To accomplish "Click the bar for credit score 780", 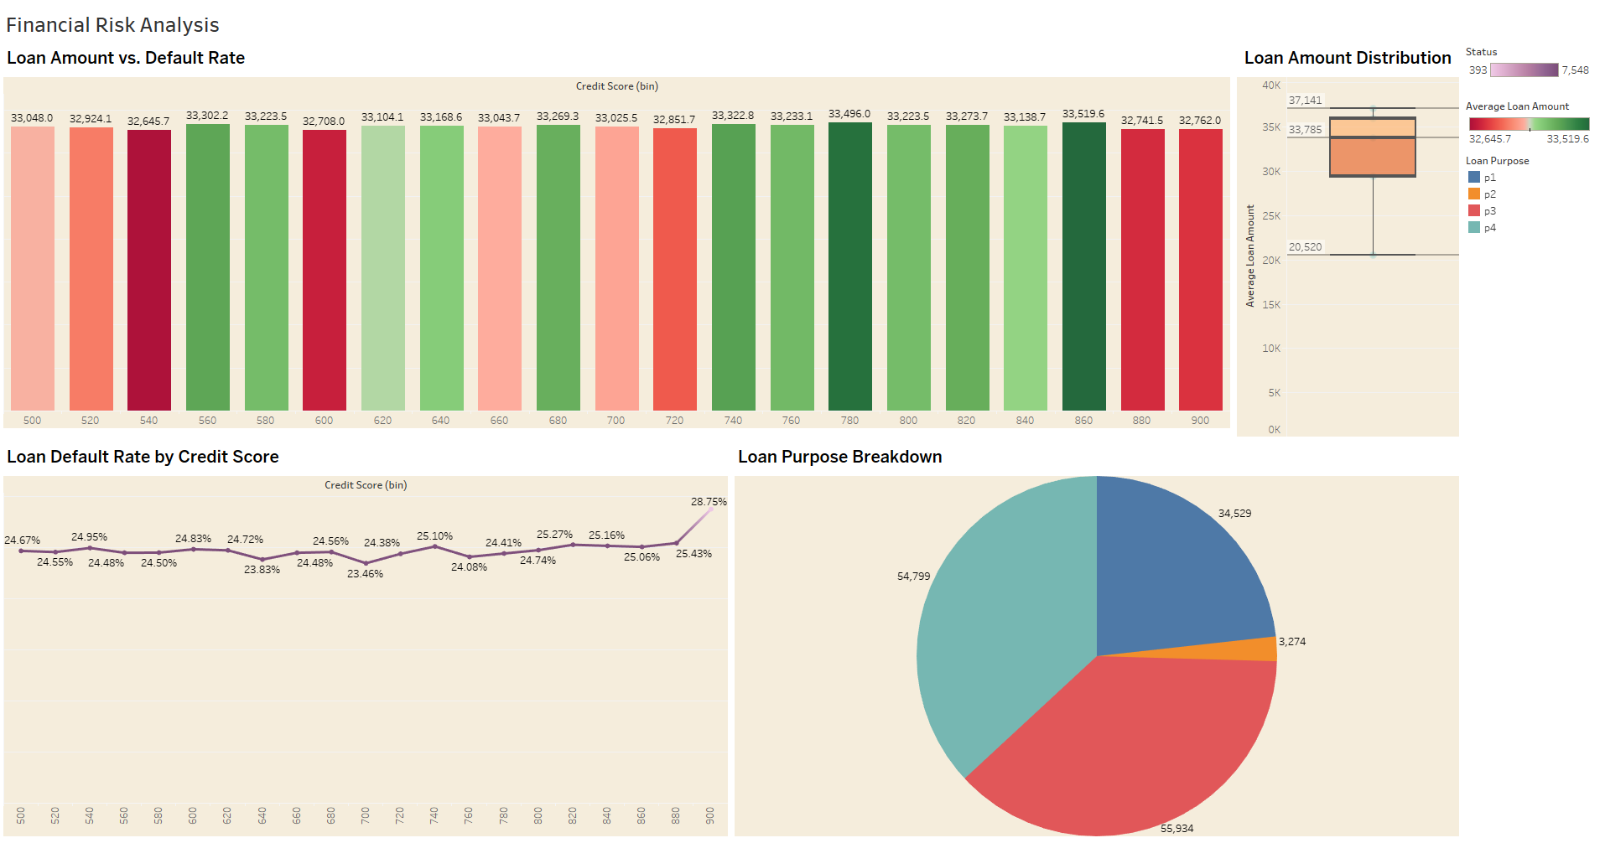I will click(849, 268).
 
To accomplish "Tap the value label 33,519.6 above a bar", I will click(1083, 114).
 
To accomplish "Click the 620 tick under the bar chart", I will click(382, 421).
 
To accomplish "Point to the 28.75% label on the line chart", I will click(708, 502).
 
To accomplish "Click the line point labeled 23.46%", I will click(366, 563).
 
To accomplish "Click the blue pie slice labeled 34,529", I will click(1174, 570).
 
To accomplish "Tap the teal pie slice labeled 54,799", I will click(998, 637).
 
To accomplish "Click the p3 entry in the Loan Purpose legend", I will click(1489, 211).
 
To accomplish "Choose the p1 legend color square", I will click(1474, 178).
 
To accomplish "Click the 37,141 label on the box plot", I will click(1305, 101).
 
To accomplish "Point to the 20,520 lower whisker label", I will click(1305, 247).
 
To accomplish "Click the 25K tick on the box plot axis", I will click(1271, 216).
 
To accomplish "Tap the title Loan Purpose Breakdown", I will click(839, 457).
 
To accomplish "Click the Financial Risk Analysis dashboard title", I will click(112, 25).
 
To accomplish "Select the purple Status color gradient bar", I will click(1524, 70).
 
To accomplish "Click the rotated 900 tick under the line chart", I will click(710, 815).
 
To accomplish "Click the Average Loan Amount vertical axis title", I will click(1250, 256).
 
